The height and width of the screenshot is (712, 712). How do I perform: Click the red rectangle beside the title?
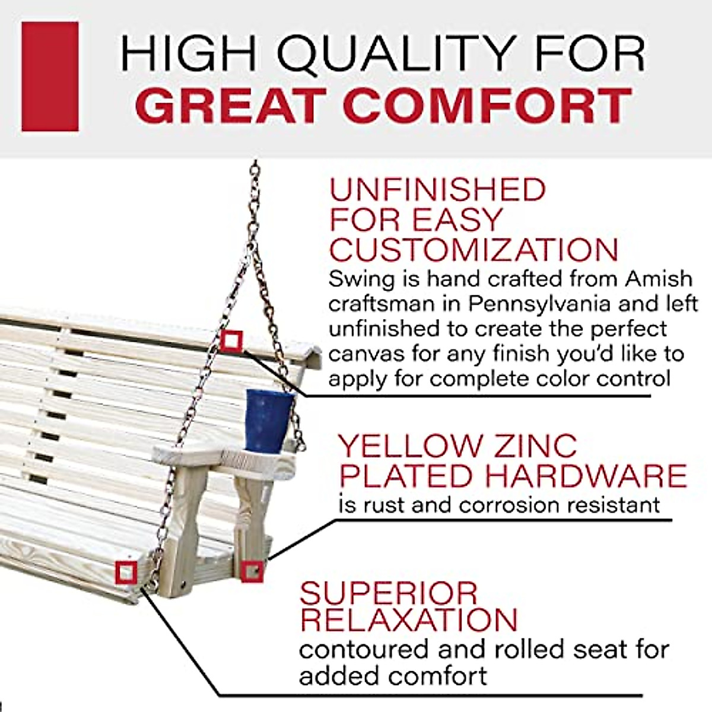click(x=50, y=77)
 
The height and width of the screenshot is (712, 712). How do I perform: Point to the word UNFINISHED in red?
click(x=437, y=190)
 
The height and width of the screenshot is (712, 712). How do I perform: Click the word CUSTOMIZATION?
click(x=473, y=250)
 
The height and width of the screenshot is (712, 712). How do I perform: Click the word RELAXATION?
click(x=409, y=619)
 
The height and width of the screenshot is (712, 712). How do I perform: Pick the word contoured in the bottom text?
click(x=363, y=649)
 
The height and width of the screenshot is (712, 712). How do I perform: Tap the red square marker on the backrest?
click(x=231, y=341)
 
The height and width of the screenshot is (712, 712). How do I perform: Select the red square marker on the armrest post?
click(x=252, y=570)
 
